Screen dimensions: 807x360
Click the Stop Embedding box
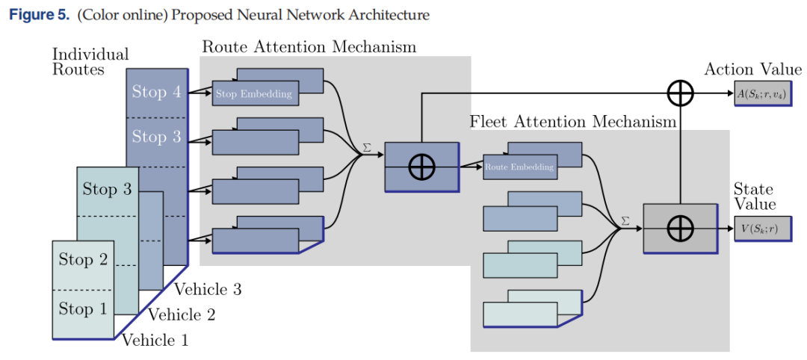point(256,93)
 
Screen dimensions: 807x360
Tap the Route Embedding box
point(520,167)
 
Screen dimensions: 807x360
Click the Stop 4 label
point(156,92)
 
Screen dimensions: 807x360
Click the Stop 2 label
point(83,259)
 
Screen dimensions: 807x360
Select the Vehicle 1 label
point(155,339)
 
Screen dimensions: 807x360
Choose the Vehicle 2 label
point(181,314)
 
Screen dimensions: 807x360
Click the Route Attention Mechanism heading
point(309,46)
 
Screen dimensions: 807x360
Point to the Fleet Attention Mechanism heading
point(572,122)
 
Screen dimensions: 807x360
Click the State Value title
point(755,196)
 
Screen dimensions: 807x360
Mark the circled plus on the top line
point(681,93)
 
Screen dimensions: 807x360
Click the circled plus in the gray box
point(681,229)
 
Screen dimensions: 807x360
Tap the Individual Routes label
point(90,62)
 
